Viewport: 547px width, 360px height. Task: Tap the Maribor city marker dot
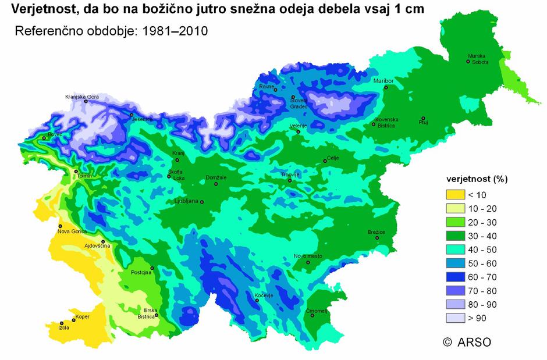click(x=386, y=87)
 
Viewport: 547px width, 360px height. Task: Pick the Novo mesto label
click(x=308, y=256)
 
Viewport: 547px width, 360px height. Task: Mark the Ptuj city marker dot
click(x=423, y=118)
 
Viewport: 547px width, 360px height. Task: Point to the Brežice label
click(x=376, y=232)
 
